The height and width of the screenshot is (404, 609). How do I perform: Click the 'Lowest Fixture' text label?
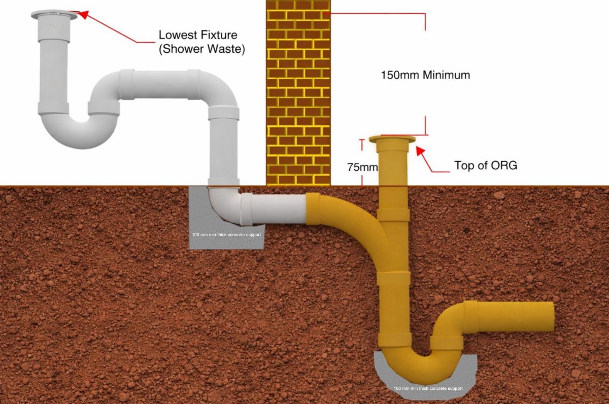point(198,35)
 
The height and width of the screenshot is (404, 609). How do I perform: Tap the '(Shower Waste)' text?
point(202,49)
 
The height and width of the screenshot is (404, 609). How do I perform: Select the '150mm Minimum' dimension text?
point(425,75)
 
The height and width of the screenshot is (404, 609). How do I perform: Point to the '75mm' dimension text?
point(362,167)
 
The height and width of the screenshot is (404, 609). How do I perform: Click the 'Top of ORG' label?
point(486,165)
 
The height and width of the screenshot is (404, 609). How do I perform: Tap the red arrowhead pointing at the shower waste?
point(84,15)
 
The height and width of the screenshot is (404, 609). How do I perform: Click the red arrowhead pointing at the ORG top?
point(420,151)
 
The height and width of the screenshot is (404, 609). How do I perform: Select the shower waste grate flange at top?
point(54,15)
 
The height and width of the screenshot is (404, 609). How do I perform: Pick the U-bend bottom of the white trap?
point(81,136)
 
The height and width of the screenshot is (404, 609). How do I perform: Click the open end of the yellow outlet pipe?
point(551,317)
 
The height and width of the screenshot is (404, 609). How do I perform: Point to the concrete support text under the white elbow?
point(226,235)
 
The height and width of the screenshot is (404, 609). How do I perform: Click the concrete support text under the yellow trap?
point(428,388)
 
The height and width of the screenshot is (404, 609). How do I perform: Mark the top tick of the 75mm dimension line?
point(361,139)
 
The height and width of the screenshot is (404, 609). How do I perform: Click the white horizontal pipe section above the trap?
point(160,84)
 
